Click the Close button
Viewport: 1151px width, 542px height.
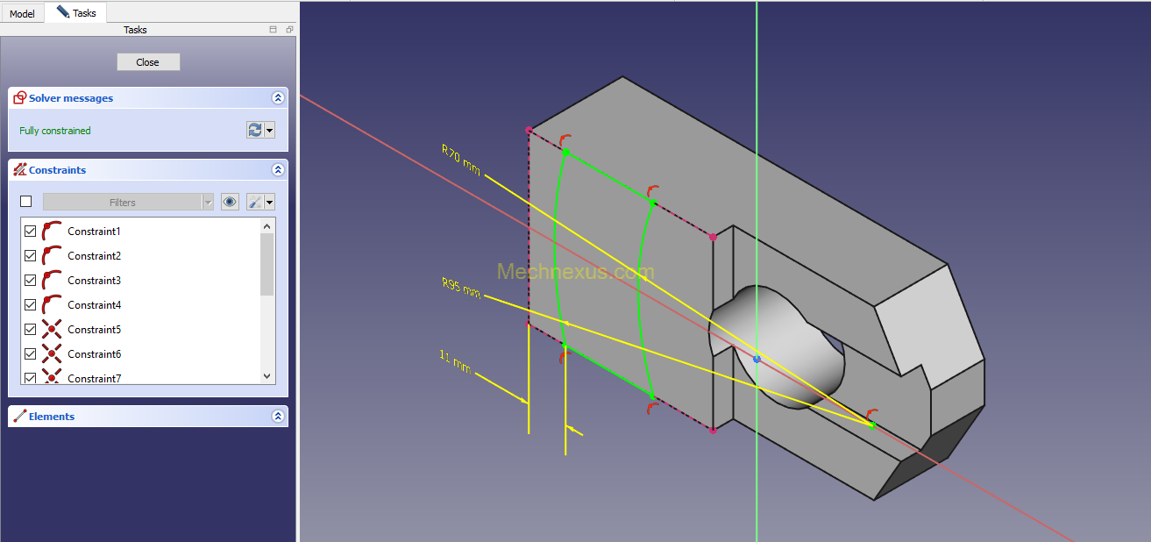(x=148, y=62)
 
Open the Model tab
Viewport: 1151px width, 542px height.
(x=22, y=14)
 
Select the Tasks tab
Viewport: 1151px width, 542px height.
(x=76, y=13)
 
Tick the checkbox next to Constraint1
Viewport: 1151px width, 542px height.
(x=31, y=232)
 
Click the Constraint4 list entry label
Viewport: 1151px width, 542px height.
(x=94, y=305)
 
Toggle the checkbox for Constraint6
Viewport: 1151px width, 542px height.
(x=31, y=354)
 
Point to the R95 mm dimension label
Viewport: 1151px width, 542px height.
(x=461, y=287)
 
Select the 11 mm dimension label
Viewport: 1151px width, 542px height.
(x=455, y=361)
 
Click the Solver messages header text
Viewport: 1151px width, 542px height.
(x=71, y=98)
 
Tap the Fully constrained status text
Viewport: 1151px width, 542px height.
(x=55, y=131)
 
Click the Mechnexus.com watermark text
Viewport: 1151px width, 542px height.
(x=575, y=272)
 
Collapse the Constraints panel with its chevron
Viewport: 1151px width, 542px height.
(x=278, y=170)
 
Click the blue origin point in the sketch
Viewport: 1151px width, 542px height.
(x=757, y=359)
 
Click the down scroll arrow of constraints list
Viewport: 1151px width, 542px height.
(x=268, y=376)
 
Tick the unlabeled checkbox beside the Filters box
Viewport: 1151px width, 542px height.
(x=26, y=202)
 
